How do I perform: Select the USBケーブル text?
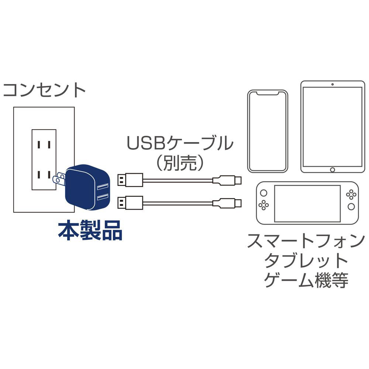point(180,144)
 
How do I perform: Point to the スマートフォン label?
point(304,243)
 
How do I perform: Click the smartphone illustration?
point(268,131)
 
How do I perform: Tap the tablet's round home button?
point(332,169)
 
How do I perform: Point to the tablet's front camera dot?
point(332,85)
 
